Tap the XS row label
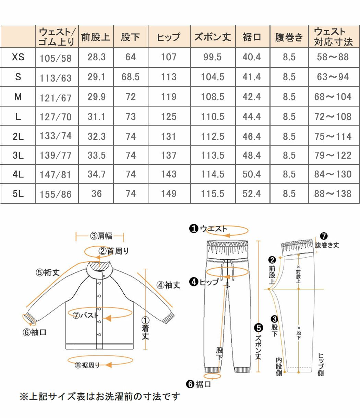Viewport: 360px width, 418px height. (18, 57)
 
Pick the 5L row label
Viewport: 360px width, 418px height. (18, 194)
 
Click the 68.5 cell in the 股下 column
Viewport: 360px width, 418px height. (130, 77)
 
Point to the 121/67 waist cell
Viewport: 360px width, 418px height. (56, 98)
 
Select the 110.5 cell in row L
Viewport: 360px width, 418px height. (213, 116)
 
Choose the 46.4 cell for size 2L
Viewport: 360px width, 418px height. (252, 136)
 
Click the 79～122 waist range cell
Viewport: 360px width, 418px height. (333, 156)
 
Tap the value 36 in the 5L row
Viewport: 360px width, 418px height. (96, 194)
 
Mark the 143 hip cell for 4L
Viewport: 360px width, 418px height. (169, 174)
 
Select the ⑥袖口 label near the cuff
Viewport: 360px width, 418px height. (34, 332)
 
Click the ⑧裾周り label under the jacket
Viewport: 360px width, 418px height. (87, 365)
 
